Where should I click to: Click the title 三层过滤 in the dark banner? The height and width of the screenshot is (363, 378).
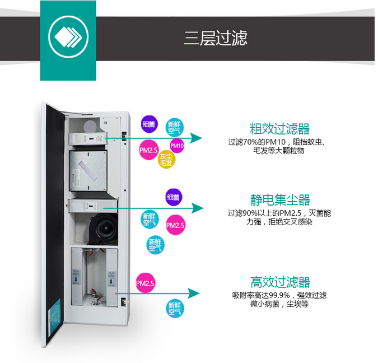216,38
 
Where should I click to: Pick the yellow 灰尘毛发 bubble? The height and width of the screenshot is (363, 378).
166,159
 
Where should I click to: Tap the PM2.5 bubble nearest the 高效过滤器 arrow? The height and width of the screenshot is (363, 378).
145,283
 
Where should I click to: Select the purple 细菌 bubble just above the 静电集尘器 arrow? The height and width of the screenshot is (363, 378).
173,197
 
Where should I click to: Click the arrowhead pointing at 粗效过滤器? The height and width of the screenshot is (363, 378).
197,138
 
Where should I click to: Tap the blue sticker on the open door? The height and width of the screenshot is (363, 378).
56,313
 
